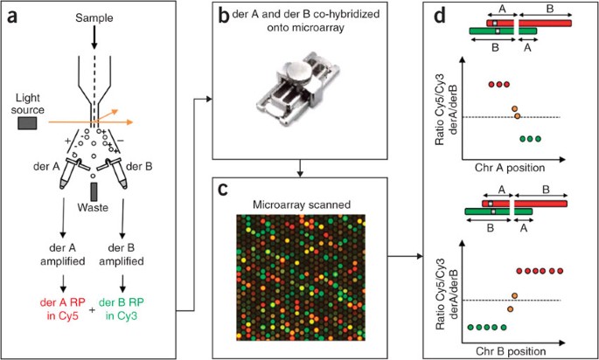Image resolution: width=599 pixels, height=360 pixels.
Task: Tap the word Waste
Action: coord(93,210)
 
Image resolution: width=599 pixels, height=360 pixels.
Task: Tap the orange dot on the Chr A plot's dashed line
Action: coord(517,116)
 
